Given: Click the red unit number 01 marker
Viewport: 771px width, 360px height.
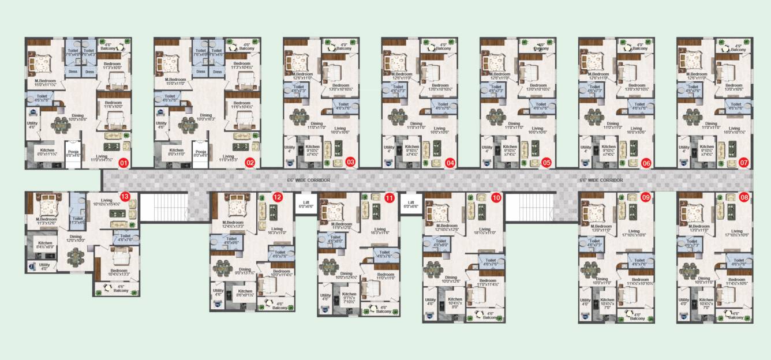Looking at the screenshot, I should (123, 163).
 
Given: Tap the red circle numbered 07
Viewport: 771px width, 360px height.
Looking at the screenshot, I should (744, 163).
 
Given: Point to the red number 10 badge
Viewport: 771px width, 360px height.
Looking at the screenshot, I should (496, 198).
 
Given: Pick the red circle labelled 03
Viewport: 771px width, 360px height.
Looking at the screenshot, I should (350, 163).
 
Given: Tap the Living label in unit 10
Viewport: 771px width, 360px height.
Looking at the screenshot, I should (484, 229).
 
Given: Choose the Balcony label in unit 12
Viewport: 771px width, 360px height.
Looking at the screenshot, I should (279, 305).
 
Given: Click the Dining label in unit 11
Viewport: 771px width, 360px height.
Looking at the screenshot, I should (346, 273).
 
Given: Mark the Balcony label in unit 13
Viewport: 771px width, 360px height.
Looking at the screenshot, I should (121, 288).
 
